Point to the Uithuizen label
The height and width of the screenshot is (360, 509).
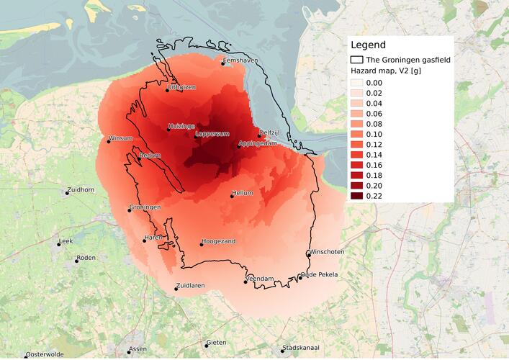pyautogui.click(x=181, y=87)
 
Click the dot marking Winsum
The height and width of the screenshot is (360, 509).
pyautogui.click(x=109, y=141)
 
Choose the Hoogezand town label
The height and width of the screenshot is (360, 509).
pyautogui.click(x=219, y=241)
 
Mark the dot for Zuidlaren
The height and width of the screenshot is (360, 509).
pyautogui.click(x=176, y=289)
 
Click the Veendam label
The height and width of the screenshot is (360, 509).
pyautogui.click(x=260, y=278)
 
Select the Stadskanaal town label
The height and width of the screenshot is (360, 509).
pyautogui.click(x=302, y=346)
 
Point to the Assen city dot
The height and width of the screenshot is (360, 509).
pyautogui.click(x=130, y=352)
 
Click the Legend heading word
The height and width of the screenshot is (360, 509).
pyautogui.click(x=368, y=45)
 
